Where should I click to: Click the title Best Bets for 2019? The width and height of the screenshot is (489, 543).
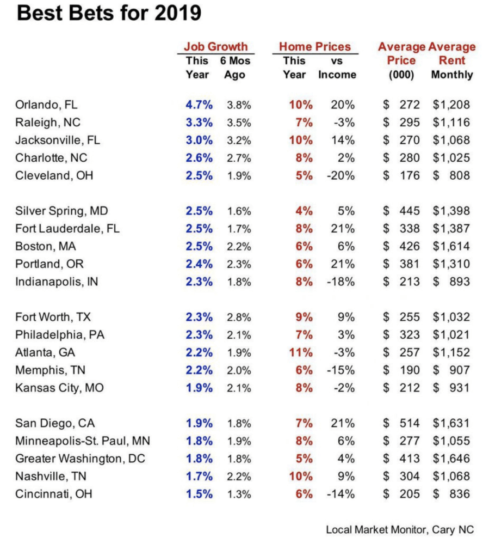tap(109, 13)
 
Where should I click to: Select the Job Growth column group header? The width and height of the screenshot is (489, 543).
tap(215, 47)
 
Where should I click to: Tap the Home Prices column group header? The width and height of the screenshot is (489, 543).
tap(315, 47)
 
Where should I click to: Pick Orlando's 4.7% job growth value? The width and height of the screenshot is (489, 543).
tap(199, 105)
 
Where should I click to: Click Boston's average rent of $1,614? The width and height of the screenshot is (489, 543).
tap(451, 246)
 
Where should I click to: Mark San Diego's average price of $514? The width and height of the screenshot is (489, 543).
tap(401, 423)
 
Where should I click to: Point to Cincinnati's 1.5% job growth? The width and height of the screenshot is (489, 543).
tap(199, 494)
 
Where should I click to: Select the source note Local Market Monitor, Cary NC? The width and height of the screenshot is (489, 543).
tap(399, 529)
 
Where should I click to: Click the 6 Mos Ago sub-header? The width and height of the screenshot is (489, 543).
tap(234, 68)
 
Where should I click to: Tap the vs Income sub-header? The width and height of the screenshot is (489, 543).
tap(337, 68)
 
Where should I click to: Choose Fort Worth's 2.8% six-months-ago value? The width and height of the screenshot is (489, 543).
tap(239, 317)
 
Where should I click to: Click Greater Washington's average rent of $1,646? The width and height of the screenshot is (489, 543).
tap(451, 459)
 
